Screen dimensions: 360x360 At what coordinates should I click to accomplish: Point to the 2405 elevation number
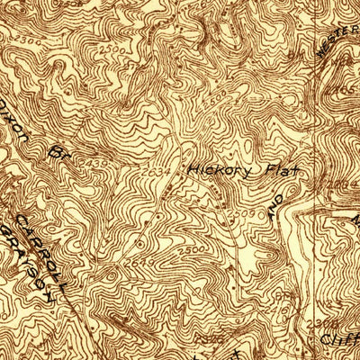point(343,91)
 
